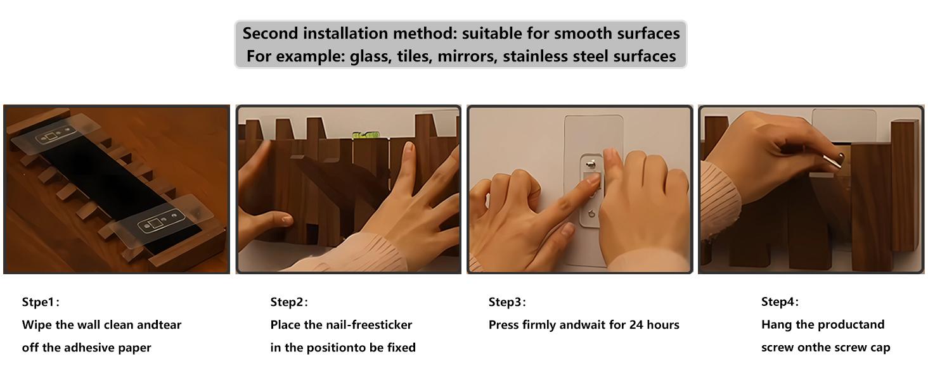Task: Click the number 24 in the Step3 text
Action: (636, 324)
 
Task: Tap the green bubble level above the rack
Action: (366, 135)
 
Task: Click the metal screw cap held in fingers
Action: (833, 161)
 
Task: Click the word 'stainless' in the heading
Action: (535, 56)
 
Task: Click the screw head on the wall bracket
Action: (591, 165)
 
